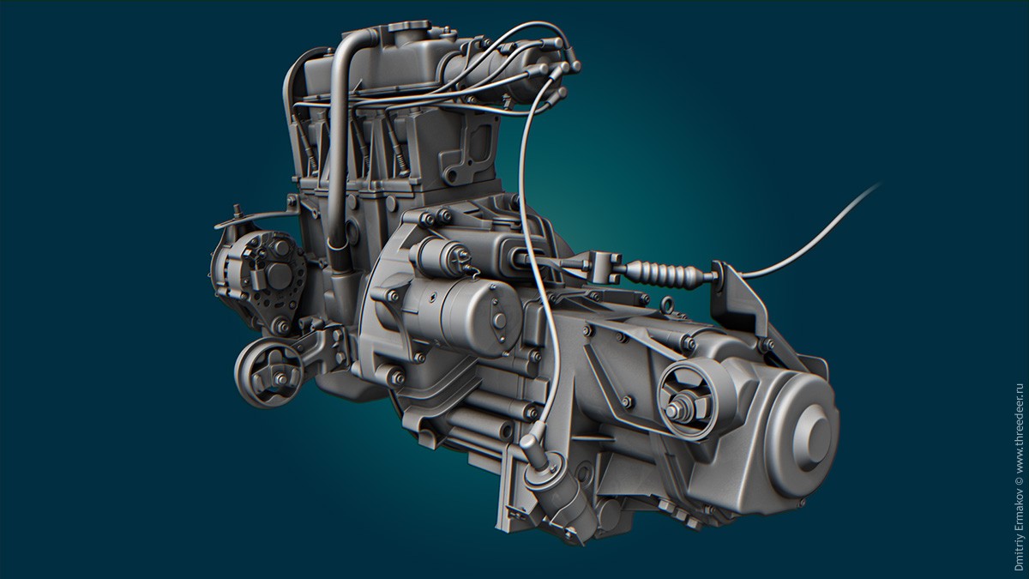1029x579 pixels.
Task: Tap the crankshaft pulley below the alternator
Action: click(x=269, y=372)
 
